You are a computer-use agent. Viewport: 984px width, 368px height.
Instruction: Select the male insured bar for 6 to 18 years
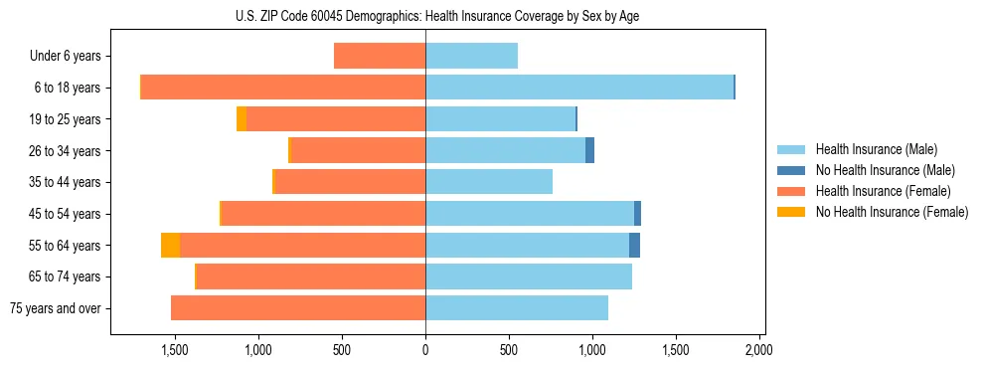click(579, 88)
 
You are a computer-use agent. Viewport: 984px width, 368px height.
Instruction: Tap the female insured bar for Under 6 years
click(380, 56)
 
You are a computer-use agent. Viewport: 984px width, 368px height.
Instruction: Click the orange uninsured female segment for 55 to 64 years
click(170, 245)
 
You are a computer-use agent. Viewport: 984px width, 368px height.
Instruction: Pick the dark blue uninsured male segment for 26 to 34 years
click(589, 150)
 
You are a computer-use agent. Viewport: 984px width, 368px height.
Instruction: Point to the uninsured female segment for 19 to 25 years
click(242, 118)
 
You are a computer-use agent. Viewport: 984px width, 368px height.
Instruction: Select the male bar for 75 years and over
click(517, 308)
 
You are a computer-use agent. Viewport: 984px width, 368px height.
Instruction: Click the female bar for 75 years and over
click(298, 308)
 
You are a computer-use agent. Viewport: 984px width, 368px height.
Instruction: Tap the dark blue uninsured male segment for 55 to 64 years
click(634, 245)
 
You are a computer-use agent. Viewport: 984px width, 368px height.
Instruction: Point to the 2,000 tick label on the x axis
click(758, 350)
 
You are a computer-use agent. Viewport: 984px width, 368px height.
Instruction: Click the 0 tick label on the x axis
click(425, 350)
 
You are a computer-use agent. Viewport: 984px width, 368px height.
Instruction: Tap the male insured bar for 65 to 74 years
click(529, 276)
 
